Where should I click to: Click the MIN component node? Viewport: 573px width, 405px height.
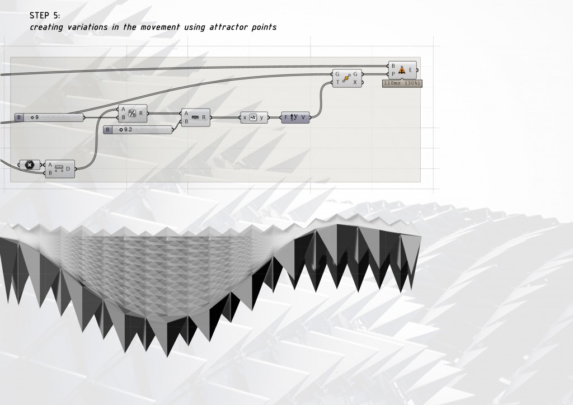195,117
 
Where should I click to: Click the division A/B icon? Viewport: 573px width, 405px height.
133,114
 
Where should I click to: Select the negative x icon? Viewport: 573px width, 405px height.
253,117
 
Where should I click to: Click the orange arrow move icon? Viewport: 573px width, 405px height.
346,78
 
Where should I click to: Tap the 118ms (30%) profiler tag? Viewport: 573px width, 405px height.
402,83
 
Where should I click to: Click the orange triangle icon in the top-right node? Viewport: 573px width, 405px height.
402,69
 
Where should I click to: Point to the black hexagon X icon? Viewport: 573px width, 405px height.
29,165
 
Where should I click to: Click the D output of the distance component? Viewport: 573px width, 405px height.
68,168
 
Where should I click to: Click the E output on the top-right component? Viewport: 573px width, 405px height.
411,70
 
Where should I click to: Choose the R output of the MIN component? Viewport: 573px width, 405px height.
204,117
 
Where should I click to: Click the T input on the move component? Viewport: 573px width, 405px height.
337,82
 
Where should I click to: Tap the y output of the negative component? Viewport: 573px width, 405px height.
262,117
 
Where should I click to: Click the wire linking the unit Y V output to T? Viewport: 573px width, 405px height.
321,98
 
